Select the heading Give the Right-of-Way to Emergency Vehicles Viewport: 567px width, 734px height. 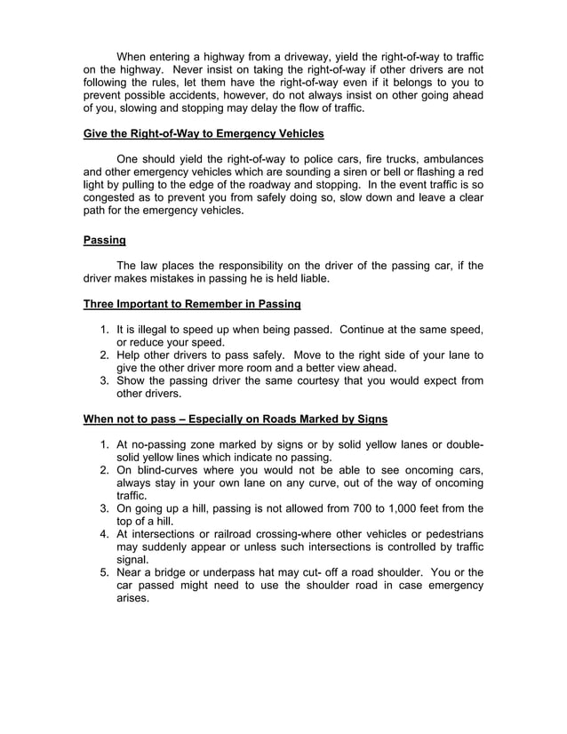click(204, 134)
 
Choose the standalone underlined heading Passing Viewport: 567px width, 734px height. click(104, 240)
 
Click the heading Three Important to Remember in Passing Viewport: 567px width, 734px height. click(192, 304)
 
